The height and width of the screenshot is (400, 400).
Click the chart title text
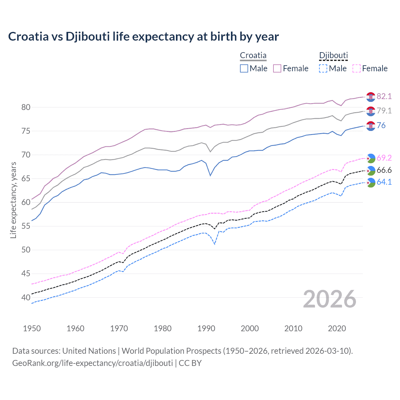pos(143,37)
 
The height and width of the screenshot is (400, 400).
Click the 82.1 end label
pos(384,96)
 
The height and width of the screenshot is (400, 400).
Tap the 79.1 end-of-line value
pos(384,111)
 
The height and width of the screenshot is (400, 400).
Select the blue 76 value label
pos(381,125)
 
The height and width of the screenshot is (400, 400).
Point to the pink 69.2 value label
pos(384,158)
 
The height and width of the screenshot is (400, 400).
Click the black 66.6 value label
pos(384,170)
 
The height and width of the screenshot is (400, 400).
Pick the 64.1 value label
pos(384,182)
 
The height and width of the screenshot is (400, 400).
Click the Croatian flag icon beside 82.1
pos(371,97)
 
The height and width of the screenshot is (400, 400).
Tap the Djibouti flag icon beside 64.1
pos(371,182)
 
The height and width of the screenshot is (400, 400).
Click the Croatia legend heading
pos(253,56)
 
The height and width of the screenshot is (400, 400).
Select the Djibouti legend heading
pos(333,56)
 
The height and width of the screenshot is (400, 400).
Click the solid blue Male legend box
pos(244,68)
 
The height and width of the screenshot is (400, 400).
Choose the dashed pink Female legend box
pos(357,68)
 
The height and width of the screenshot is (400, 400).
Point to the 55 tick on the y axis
pos(26,226)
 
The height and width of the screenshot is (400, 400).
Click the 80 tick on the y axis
pos(26,107)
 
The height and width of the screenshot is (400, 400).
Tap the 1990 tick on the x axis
pos(206,328)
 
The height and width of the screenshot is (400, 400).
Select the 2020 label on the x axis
pos(337,328)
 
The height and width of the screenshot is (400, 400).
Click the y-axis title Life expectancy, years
pos(13,200)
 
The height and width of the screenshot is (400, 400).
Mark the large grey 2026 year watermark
pos(330,299)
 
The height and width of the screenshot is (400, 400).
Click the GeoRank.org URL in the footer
pos(92,363)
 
